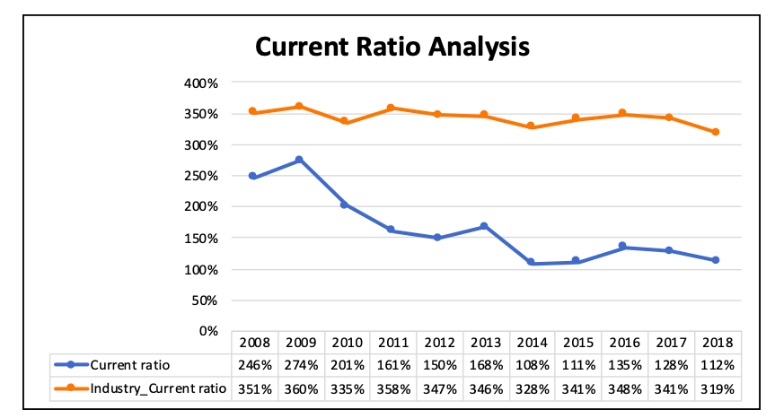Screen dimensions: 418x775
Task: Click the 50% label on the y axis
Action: (x=205, y=300)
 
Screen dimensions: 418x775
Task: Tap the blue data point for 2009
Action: (x=299, y=160)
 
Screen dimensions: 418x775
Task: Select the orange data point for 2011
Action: (x=392, y=108)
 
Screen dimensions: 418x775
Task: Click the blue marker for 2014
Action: (x=531, y=262)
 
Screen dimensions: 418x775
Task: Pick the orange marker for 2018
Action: (x=716, y=132)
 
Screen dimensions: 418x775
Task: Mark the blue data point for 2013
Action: (x=484, y=226)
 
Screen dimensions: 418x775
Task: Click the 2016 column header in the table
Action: (x=623, y=343)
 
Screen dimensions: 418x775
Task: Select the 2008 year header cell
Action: (x=253, y=343)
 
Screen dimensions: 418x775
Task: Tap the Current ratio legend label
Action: (x=129, y=365)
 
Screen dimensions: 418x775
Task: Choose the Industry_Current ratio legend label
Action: (x=158, y=388)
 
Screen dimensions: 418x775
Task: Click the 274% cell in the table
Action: (x=300, y=365)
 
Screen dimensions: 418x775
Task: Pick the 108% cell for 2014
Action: (x=531, y=365)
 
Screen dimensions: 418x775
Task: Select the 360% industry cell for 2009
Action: (x=300, y=388)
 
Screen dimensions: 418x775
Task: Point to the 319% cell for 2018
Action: (x=717, y=388)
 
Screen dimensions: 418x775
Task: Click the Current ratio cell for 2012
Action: (x=438, y=365)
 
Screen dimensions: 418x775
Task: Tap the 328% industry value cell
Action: (x=531, y=388)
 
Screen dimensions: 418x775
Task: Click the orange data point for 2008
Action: (x=252, y=111)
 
